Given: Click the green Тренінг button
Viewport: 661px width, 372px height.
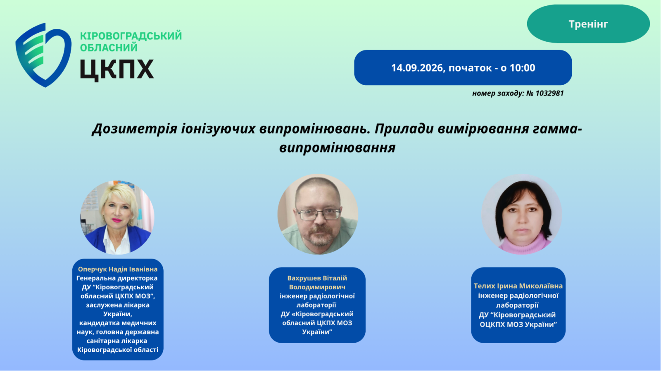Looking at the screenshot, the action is click(588, 24).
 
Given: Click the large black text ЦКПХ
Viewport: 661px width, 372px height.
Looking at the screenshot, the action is click(117, 70).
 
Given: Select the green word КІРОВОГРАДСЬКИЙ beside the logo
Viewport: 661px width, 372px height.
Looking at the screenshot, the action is click(131, 36).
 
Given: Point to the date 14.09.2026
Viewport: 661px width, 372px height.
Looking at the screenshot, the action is click(417, 68).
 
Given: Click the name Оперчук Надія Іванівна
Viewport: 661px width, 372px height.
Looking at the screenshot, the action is click(118, 269).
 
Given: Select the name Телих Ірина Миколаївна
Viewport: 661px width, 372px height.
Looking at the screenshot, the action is click(518, 286).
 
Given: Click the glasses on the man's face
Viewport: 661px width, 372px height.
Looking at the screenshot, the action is click(318, 214).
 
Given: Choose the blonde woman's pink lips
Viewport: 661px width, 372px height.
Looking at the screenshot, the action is click(117, 220).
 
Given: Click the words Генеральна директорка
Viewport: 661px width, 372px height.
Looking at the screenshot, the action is click(117, 279).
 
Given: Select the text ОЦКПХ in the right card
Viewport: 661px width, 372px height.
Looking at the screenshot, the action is click(494, 325).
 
